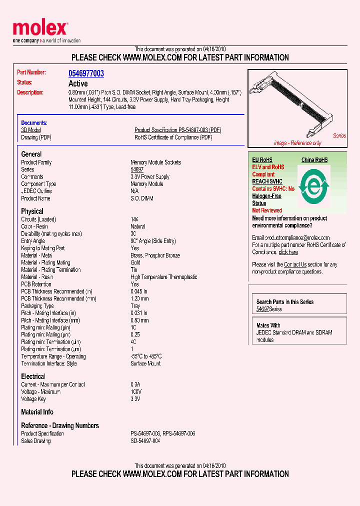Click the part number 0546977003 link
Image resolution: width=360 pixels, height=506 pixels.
tap(86, 73)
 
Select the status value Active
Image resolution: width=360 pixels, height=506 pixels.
tap(78, 83)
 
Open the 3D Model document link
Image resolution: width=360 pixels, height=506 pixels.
tap(30, 130)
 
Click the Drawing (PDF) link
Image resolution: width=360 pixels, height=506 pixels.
tap(36, 137)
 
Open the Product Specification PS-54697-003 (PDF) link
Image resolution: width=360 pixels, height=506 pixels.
tap(177, 130)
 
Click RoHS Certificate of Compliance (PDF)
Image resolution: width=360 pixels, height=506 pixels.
tap(173, 137)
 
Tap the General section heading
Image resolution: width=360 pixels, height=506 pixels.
tap(31, 154)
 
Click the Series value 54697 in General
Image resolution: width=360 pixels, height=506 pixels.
tap(137, 169)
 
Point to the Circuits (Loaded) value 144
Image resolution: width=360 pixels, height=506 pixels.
tap(134, 219)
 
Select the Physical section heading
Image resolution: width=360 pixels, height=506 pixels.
tap(32, 211)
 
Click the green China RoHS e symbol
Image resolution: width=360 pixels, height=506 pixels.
tap(313, 186)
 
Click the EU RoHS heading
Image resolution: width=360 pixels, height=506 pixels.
tap(262, 160)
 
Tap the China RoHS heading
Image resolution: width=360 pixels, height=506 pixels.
tap(314, 160)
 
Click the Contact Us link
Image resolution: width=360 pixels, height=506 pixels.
tap(295, 264)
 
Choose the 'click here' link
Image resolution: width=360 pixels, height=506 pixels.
tap(288, 252)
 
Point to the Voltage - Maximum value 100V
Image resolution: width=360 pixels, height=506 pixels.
tap(136, 392)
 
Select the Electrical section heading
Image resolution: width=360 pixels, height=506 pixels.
tap(33, 376)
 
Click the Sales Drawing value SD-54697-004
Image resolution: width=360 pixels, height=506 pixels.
tap(145, 441)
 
